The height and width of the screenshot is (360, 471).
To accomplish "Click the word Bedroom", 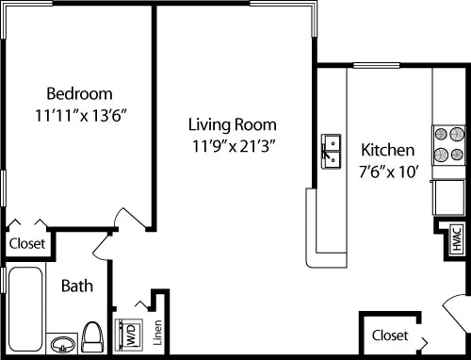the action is pos(79,93).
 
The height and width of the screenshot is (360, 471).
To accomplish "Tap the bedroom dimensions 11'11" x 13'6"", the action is pos(81,116).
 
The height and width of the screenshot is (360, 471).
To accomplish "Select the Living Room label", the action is pos(233,124).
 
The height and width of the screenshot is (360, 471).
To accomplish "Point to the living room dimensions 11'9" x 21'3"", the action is pos(234,146).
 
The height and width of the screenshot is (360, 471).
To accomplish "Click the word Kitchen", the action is pos(388,150).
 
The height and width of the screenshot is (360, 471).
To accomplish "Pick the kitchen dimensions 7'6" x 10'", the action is pos(389,172).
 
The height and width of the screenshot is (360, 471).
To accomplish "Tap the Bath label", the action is pos(77,286).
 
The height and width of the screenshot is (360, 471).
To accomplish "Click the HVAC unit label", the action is pos(457,238).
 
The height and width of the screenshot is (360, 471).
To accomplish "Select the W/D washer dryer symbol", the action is pos(129,335).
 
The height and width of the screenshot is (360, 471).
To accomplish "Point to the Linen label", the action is pos(157,333).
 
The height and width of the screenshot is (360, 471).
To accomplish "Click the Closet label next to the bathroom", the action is pos(27,243).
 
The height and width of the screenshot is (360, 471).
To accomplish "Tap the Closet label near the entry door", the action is pos(390,335).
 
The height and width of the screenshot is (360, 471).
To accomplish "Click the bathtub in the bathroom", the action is pos(25,309).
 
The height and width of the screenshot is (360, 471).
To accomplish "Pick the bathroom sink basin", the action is pos(63,345).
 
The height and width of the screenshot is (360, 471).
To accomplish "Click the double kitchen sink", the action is pos(331,152).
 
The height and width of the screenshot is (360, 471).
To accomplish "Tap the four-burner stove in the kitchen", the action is pos(448,145).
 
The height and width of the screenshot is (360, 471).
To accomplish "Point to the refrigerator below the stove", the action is pos(448,197).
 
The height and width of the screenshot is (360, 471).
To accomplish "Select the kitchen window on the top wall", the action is pos(377,65).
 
